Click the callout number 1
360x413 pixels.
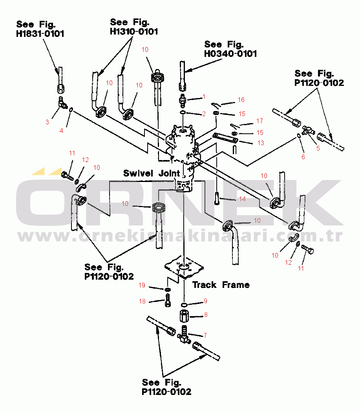tap(204, 97)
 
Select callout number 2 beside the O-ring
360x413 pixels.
tap(204, 114)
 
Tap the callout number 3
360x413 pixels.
tap(47, 122)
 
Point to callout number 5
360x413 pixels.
tap(318, 149)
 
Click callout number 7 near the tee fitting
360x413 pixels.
tap(205, 335)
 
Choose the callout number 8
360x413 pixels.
tap(206, 315)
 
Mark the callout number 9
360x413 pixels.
tap(205, 301)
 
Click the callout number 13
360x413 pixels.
tap(261, 143)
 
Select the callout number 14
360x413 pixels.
tap(242, 199)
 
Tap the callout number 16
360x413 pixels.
tap(241, 100)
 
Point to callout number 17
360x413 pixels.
tap(259, 121)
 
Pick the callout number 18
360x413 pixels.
tap(142, 301)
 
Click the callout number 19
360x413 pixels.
tap(142, 285)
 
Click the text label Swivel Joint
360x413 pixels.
tap(152, 173)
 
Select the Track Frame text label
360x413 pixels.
tap(221, 285)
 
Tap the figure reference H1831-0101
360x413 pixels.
tap(40, 34)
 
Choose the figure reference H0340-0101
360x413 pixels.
tap(230, 54)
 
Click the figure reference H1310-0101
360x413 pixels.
tap(134, 32)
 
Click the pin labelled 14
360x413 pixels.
tap(217, 198)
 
